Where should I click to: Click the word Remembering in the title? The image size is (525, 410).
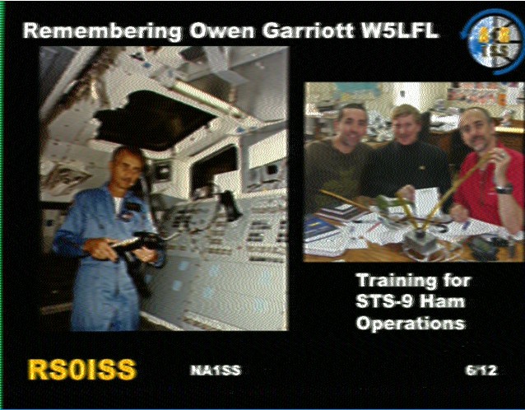click(x=102, y=31)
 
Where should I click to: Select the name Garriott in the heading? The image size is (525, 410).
click(x=308, y=30)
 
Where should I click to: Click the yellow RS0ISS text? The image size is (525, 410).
click(x=82, y=370)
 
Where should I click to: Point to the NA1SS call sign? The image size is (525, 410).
click(x=216, y=370)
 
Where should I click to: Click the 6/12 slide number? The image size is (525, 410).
click(x=481, y=370)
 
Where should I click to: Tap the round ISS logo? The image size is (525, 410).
click(x=492, y=43)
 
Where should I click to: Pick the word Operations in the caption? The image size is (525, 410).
click(x=411, y=324)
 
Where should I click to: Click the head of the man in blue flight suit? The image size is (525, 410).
click(x=128, y=167)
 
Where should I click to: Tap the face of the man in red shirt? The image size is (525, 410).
click(x=476, y=131)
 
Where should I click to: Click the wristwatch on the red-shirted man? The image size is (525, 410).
click(x=504, y=189)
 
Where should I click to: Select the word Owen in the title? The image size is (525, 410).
click(x=221, y=30)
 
